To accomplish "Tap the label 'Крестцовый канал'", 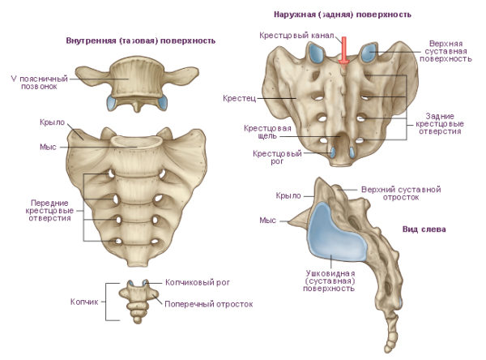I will click(x=292, y=36).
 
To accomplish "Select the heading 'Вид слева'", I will click(x=424, y=229).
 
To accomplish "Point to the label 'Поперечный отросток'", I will click(x=208, y=305).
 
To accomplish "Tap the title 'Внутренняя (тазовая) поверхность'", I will click(x=139, y=40).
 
